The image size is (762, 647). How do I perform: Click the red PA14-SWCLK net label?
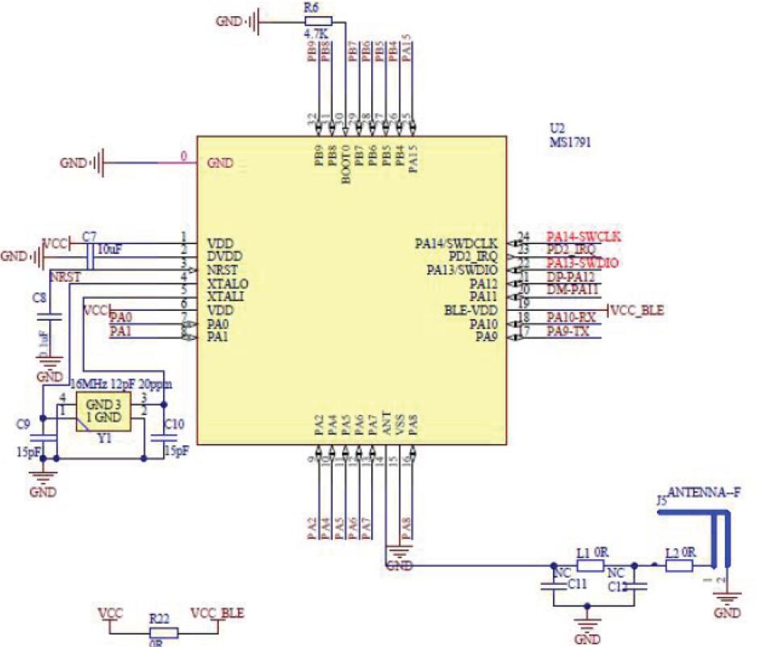pos(583,237)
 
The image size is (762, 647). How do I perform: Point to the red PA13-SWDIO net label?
pos(583,263)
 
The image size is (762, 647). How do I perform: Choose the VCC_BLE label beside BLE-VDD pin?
pos(638,310)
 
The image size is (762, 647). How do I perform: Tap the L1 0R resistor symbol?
pos(590,566)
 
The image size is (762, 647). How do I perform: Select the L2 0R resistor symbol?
pos(679,566)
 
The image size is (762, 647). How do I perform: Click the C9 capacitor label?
pos(23,422)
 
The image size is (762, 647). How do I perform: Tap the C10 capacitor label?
pos(174,422)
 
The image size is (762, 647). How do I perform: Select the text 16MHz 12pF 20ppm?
pos(122,383)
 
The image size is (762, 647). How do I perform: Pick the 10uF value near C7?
pos(110,249)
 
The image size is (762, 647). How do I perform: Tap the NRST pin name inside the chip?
pos(222,270)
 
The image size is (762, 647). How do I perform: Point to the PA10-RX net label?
pos(570,317)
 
